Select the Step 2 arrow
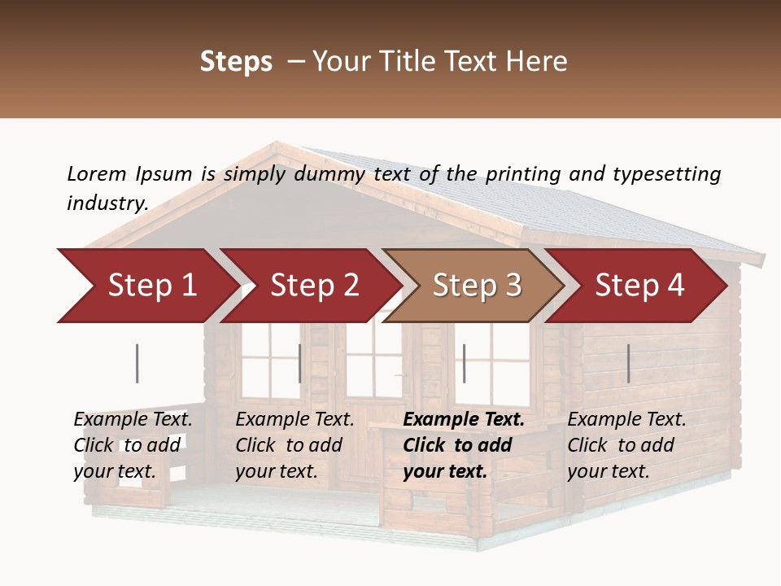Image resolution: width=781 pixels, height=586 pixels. [x=314, y=286]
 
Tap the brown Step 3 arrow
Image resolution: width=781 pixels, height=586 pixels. [x=477, y=286]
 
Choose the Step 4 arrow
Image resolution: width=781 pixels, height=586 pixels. [x=639, y=286]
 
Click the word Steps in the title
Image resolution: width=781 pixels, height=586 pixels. [x=236, y=62]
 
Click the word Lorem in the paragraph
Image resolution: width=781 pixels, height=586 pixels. [x=96, y=173]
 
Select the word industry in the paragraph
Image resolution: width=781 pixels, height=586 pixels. [x=107, y=203]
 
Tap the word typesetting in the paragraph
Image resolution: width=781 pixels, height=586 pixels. [x=666, y=174]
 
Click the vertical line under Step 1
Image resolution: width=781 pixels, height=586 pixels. [x=137, y=363]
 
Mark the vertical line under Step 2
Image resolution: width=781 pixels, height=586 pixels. [x=299, y=363]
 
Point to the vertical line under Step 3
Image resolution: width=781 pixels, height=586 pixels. [x=464, y=363]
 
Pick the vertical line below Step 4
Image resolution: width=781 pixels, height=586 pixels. [x=628, y=363]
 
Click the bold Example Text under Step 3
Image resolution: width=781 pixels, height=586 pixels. [x=464, y=445]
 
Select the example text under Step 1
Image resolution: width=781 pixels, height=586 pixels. [x=133, y=445]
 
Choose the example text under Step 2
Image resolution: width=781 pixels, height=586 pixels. [x=295, y=445]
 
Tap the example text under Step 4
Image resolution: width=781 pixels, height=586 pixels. [x=626, y=445]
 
